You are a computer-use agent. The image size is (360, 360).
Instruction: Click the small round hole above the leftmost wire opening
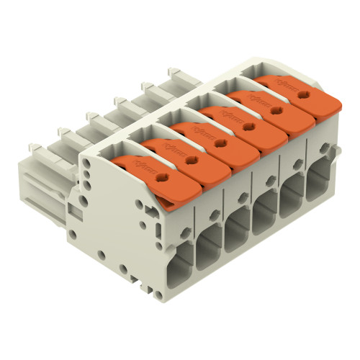(x=186, y=229)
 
